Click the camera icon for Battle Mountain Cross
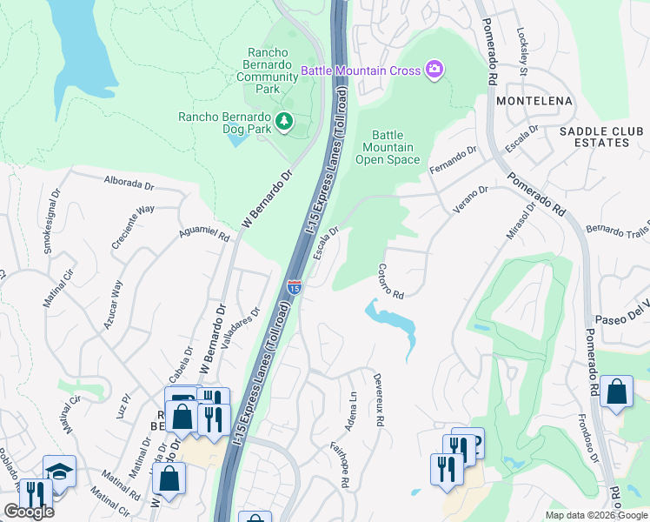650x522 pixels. point(434,70)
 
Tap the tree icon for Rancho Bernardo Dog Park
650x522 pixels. point(283,122)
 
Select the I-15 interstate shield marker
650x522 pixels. point(295,286)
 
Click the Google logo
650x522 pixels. point(29,512)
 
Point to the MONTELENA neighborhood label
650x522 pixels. point(534,102)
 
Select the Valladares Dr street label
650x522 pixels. point(242,329)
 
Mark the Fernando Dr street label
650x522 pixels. point(454,163)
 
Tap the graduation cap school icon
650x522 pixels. point(59,472)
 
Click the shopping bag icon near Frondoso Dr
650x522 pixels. point(616,391)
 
